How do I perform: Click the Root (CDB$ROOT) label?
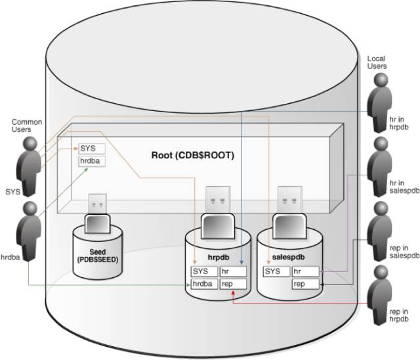coord(193,156)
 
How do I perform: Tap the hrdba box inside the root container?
coord(91,161)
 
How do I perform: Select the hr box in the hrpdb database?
coord(233,271)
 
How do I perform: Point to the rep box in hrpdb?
coord(233,284)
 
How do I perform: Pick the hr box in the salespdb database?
coord(305,271)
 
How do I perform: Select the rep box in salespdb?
coord(305,284)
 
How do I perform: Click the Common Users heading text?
coord(27,126)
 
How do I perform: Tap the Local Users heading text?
coord(377,63)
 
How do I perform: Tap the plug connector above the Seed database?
coord(96,204)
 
